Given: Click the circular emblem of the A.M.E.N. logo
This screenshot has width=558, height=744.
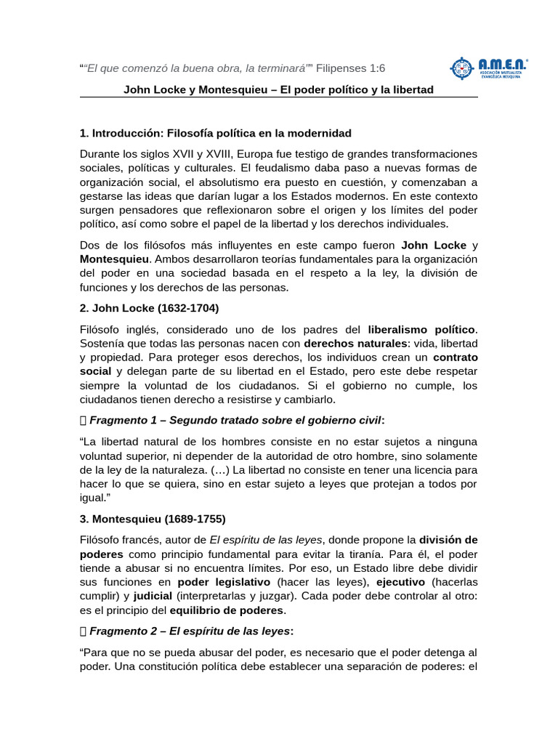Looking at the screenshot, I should (462, 68).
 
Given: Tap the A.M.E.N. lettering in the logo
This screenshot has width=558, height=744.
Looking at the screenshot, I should (502, 64).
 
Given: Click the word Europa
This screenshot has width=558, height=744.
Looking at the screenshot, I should (254, 154).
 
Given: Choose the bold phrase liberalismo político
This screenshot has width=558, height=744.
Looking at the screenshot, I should (421, 329).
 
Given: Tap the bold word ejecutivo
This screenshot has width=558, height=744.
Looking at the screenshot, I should (401, 582).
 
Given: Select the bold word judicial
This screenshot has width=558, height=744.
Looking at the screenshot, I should (153, 596).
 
